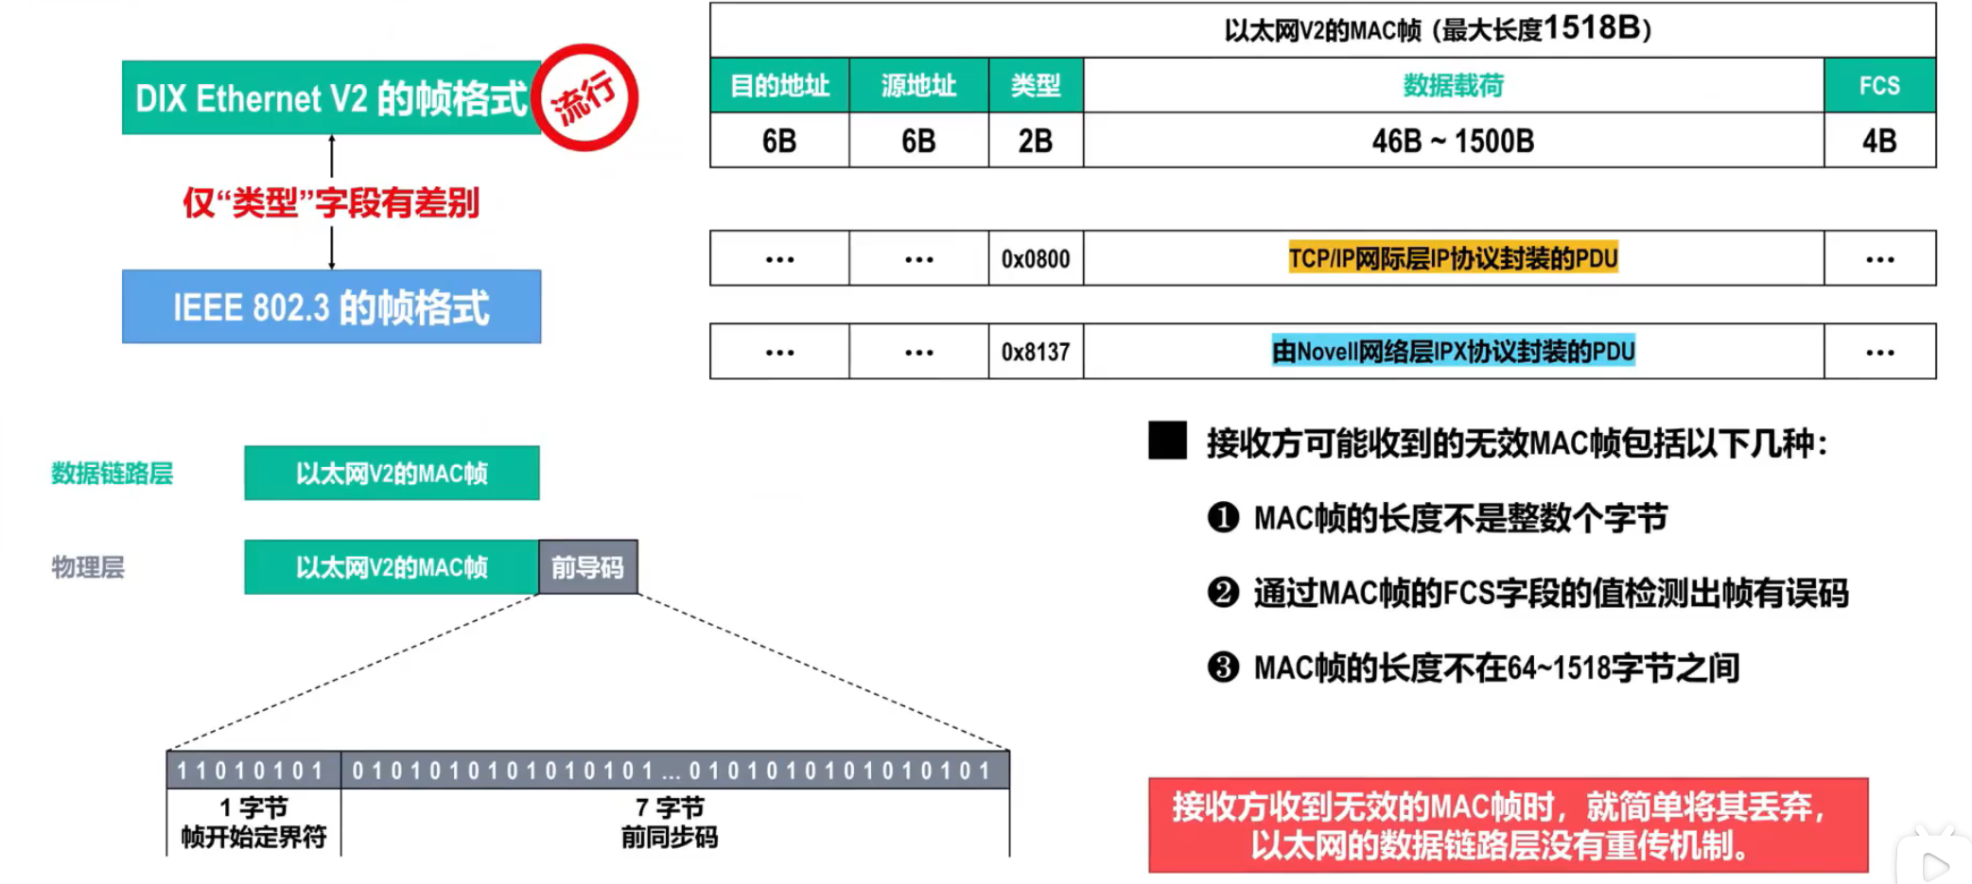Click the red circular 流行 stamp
tap(585, 97)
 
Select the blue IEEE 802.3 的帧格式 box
tap(331, 306)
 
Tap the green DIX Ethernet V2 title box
tap(330, 98)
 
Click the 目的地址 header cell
tap(779, 86)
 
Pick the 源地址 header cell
tap(918, 86)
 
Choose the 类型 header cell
tap(1036, 86)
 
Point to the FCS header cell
tap(1878, 86)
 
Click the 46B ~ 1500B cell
tap(1453, 141)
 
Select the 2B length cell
tap(1036, 141)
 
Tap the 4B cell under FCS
tap(1878, 141)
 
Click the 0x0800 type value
tap(1036, 259)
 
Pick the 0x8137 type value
tap(1036, 352)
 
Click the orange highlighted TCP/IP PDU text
tap(1453, 258)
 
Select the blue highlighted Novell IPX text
tap(1453, 352)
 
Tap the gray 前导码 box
tap(587, 567)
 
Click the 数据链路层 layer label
tap(112, 474)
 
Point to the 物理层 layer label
tap(87, 567)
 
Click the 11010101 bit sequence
tap(252, 771)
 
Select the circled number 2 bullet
tap(1223, 593)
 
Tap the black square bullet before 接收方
tap(1167, 441)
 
